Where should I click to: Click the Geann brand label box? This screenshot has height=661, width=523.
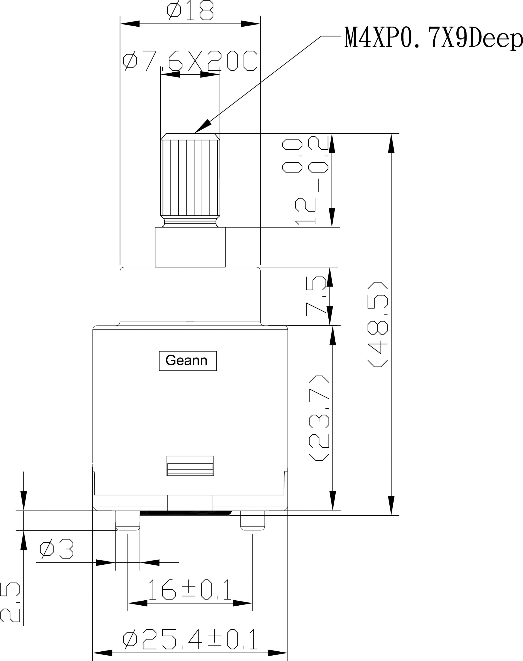pos(188,361)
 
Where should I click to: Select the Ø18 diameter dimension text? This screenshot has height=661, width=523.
pos(190,10)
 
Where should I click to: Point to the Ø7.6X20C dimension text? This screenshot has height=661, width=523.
pos(190,61)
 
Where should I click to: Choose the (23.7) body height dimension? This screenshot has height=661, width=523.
pos(319,418)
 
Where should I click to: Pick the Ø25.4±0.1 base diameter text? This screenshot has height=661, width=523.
pos(190,639)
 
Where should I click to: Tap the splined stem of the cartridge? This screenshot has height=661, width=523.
pos(190,178)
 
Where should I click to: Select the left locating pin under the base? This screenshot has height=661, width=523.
pos(128,520)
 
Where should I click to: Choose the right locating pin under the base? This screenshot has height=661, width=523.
pos(253,520)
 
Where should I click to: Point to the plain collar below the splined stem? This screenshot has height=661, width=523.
pos(190,247)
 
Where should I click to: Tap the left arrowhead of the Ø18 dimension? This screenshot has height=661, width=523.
pos(130,24)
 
